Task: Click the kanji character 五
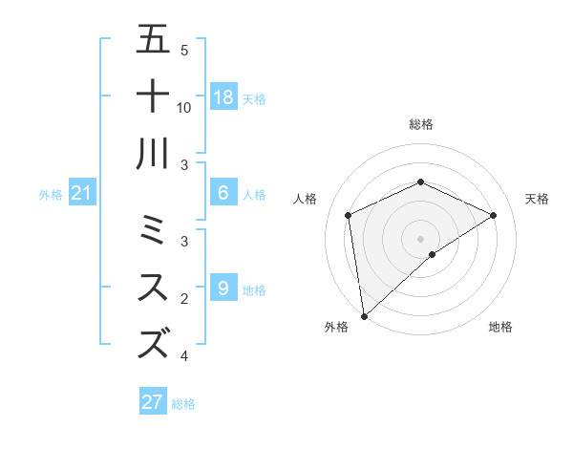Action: [x=153, y=40]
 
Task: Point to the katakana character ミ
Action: [x=153, y=230]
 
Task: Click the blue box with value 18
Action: [x=223, y=97]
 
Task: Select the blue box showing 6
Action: [x=223, y=193]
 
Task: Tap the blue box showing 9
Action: [x=223, y=289]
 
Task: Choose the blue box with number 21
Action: [x=82, y=194]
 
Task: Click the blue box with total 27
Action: [x=153, y=402]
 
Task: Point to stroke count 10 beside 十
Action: [x=184, y=107]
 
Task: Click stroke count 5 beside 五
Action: [x=184, y=50]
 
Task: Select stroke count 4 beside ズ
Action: [x=184, y=356]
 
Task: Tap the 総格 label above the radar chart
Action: [x=421, y=124]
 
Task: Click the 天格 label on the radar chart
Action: [x=537, y=199]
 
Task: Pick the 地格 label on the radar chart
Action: [x=500, y=327]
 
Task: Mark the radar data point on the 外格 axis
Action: [x=364, y=316]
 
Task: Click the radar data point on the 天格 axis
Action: [x=494, y=215]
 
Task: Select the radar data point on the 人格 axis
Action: [x=349, y=215]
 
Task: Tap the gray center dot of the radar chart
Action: [x=421, y=238]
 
